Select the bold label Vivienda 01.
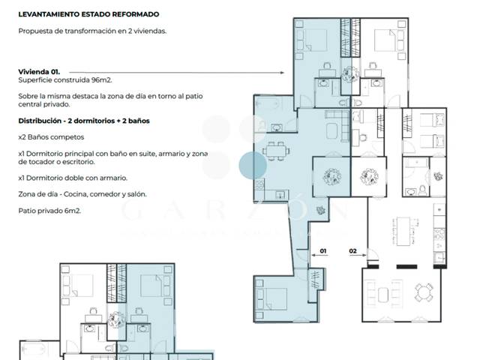37,72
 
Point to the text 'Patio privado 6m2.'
50,211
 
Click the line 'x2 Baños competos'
52,138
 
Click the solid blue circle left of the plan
253,166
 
